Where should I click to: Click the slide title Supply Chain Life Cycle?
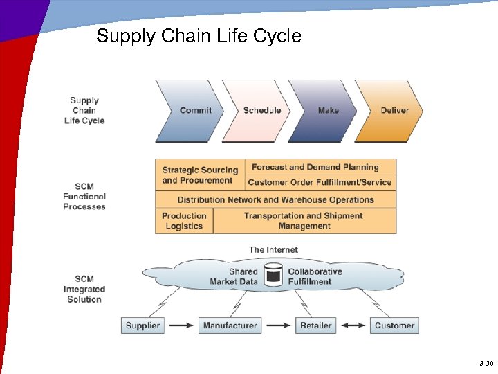coord(199,36)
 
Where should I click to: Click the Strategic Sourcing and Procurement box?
coord(200,175)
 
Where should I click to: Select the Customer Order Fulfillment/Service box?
coord(320,183)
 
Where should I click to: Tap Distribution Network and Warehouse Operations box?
coord(276,200)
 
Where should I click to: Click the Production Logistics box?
coord(184,221)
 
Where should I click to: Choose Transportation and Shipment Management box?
coord(304,221)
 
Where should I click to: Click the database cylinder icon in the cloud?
coord(273,275)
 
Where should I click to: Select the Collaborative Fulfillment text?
coord(315,276)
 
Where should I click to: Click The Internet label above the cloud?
coord(274,249)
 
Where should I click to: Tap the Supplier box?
coord(142,325)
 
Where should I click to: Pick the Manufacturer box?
coord(230,325)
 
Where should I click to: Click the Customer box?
coord(394,325)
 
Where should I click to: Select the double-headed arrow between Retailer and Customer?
coord(353,325)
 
